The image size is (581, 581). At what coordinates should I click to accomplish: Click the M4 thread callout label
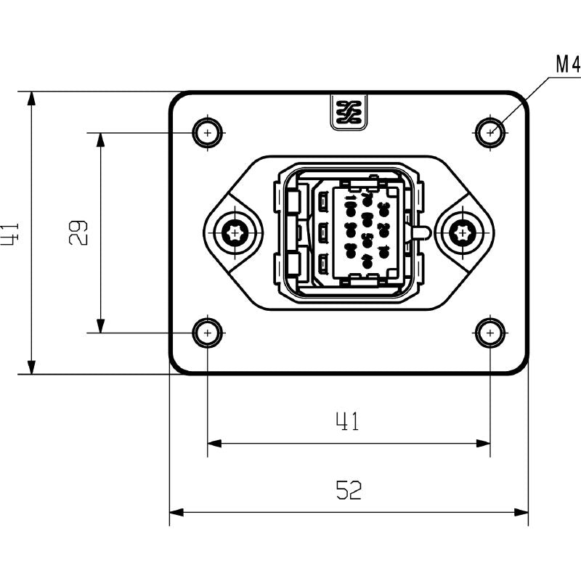(x=567, y=65)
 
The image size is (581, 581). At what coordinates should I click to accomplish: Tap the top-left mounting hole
(x=208, y=133)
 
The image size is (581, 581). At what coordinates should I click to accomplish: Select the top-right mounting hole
(x=491, y=133)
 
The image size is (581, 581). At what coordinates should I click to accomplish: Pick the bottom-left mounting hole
(x=208, y=333)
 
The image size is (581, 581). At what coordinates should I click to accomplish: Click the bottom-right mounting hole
(x=491, y=333)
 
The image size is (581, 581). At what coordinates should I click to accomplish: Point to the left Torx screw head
(x=235, y=233)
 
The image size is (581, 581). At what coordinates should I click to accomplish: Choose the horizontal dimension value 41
(x=347, y=421)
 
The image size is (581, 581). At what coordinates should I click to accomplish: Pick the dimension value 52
(x=349, y=491)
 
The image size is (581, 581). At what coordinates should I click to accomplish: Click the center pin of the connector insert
(x=367, y=233)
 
